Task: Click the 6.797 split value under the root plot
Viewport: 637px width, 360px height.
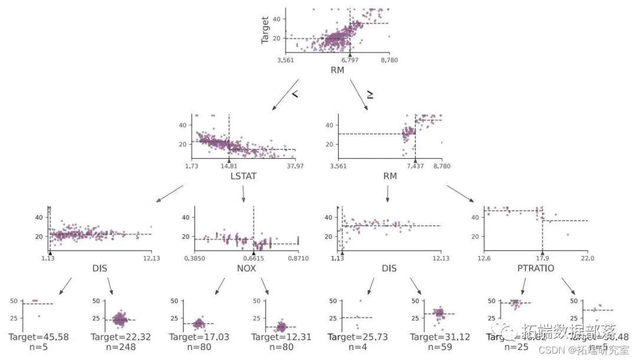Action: (350, 60)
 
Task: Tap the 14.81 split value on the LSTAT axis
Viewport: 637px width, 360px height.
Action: (229, 166)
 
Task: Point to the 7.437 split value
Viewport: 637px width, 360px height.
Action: (415, 166)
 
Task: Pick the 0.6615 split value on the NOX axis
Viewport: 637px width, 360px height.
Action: (254, 258)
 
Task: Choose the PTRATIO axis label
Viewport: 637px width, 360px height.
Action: (536, 269)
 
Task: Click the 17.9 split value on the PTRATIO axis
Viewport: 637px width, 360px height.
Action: (542, 258)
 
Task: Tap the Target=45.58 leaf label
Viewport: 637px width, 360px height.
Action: (39, 337)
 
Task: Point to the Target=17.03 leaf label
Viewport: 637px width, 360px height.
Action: (199, 337)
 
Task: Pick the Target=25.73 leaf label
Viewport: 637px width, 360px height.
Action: (357, 337)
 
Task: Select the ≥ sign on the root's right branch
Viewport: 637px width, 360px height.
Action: (369, 94)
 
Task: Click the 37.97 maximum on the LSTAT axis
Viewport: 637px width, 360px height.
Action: (295, 166)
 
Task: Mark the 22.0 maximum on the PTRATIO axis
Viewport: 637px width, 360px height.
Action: (587, 258)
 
